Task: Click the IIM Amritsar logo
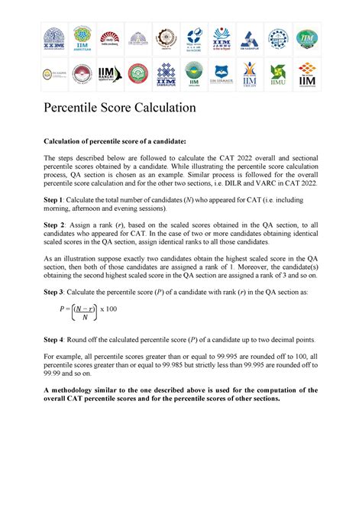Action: click(x=82, y=38)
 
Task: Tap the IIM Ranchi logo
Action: click(x=107, y=74)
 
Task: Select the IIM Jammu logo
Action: click(x=222, y=38)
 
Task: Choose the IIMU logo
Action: click(x=279, y=74)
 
